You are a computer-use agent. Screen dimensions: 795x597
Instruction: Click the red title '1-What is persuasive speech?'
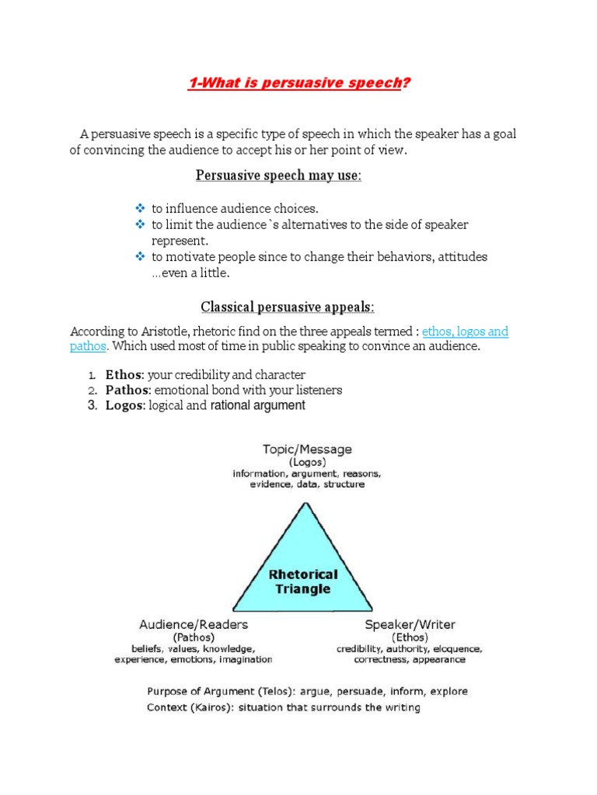pyautogui.click(x=298, y=83)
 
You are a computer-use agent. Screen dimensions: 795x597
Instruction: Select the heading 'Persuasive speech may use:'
pyautogui.click(x=278, y=175)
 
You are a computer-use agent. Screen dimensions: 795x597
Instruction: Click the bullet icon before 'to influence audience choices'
pyautogui.click(x=140, y=208)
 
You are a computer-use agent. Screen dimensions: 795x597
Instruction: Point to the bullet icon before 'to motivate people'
pyautogui.click(x=140, y=256)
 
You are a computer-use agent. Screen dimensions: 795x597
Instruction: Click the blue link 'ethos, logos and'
pyautogui.click(x=465, y=332)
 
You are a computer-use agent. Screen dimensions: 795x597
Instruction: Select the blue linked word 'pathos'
pyautogui.click(x=87, y=346)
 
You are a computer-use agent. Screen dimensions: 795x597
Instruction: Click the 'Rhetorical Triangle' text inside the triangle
pyautogui.click(x=302, y=581)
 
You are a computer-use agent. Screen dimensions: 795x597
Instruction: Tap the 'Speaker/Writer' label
pyautogui.click(x=410, y=624)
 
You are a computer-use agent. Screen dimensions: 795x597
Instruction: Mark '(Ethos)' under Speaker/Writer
pyautogui.click(x=410, y=637)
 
